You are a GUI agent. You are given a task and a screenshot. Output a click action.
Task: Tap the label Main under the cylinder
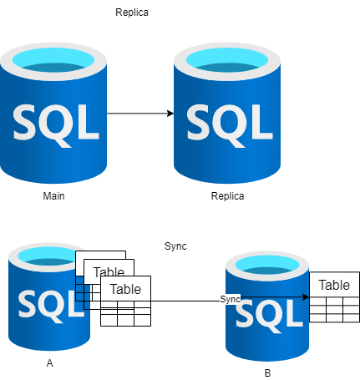tap(54, 196)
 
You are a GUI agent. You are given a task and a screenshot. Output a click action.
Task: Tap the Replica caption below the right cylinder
tap(229, 196)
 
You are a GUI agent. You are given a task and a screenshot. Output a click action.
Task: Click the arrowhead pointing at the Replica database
tap(170, 113)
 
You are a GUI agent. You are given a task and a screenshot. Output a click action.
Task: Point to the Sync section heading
tap(175, 246)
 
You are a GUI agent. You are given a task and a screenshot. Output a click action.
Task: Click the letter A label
tap(50, 364)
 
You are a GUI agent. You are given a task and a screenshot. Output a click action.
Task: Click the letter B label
tap(267, 372)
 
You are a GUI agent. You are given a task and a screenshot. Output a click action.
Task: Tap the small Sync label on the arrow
tap(231, 299)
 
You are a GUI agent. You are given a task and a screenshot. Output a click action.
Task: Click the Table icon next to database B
tap(334, 296)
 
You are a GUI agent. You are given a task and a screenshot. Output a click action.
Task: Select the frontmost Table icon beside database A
tap(125, 301)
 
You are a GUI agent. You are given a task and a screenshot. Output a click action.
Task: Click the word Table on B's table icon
tap(334, 285)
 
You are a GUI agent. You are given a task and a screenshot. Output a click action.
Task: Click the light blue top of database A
tap(48, 256)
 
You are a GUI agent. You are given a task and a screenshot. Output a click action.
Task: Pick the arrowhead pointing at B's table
tap(307, 296)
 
